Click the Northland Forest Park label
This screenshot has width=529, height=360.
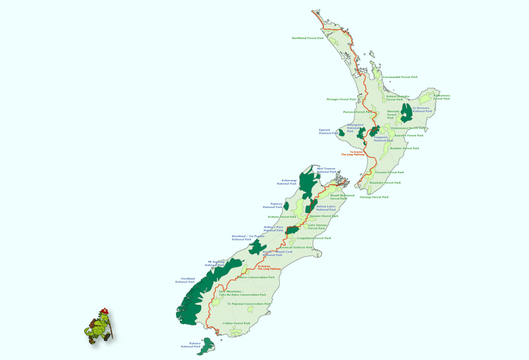(x=307, y=38)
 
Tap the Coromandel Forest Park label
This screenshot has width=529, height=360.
(x=400, y=77)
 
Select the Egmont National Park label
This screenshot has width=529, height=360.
(x=328, y=131)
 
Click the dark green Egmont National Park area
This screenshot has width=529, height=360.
(x=342, y=132)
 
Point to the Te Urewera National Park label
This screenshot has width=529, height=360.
(x=422, y=110)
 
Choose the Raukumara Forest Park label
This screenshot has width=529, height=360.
(x=442, y=97)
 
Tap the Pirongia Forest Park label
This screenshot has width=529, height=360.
(x=341, y=99)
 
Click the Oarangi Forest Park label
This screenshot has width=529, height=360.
(x=374, y=197)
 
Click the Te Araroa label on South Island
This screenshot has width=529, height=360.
(x=269, y=267)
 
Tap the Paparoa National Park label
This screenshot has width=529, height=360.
(x=272, y=205)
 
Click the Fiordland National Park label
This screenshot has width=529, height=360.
(x=185, y=280)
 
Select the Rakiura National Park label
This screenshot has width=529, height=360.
(x=190, y=345)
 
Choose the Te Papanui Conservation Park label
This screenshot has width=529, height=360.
(x=249, y=304)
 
